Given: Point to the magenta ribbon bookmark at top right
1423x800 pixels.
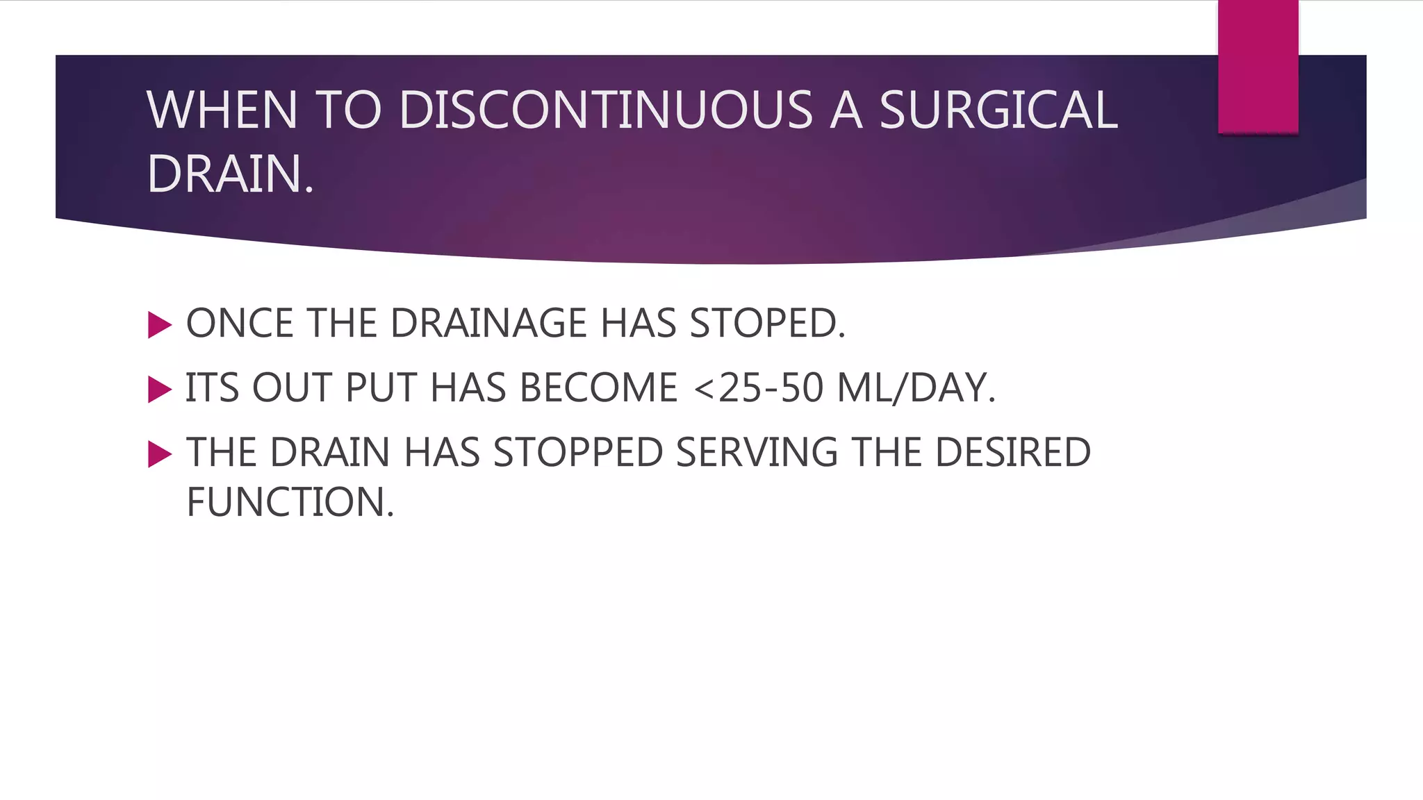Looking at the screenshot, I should [x=1258, y=67].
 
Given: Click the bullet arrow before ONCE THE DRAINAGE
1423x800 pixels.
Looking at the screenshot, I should [x=160, y=325].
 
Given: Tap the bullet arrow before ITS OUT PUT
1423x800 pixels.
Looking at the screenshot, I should [x=160, y=390].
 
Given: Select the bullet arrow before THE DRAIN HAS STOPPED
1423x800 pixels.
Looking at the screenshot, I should [x=160, y=454].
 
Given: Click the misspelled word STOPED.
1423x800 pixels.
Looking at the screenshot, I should [x=767, y=324].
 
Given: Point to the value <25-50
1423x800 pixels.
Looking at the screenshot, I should [x=759, y=388].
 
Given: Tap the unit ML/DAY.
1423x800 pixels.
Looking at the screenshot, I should [x=916, y=388].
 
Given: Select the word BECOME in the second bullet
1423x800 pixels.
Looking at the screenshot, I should [x=598, y=388].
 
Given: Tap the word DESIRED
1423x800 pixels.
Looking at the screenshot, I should [x=1012, y=453].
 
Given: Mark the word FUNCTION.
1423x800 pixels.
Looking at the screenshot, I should [x=290, y=502].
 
